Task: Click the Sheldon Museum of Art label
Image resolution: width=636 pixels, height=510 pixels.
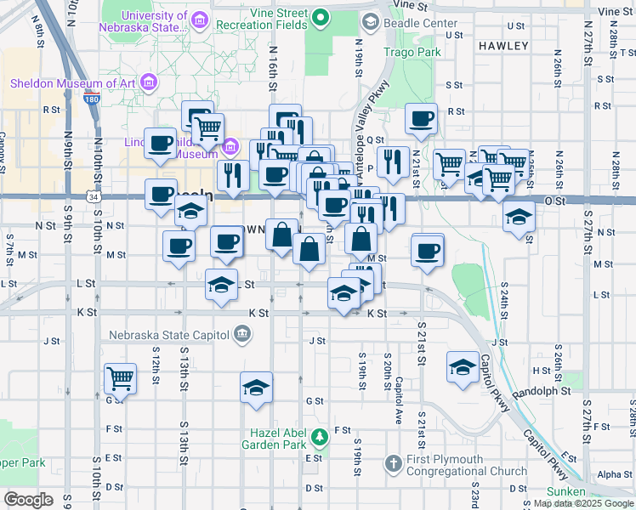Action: tap(73, 83)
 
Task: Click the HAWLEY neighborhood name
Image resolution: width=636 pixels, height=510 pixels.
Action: tap(503, 45)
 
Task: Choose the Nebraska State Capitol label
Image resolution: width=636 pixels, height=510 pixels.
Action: tap(169, 332)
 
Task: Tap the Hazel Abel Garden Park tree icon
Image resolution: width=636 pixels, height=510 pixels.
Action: tap(319, 437)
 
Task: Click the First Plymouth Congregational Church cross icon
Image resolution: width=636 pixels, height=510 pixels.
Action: tap(392, 464)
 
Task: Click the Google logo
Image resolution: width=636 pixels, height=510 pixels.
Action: tap(28, 500)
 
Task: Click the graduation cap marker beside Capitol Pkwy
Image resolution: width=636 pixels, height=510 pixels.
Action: tap(463, 366)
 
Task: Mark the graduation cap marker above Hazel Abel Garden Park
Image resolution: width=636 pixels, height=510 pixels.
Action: tap(256, 388)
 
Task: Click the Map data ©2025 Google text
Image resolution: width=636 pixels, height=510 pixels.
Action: tap(582, 503)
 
